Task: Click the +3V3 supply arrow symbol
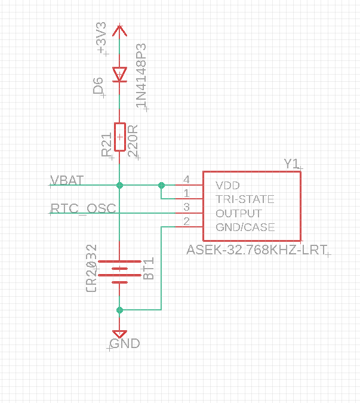119,30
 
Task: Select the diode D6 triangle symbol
119,75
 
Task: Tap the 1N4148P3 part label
141,76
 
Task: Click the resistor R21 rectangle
120,137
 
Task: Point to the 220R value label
133,141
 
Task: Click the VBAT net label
67,180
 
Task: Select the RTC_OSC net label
83,208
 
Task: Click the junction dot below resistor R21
119,185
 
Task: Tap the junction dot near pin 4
161,185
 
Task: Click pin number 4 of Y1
186,179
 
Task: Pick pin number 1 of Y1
186,193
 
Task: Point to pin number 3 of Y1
186,207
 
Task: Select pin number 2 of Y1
186,222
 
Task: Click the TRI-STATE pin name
245,199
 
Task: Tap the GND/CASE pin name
245,227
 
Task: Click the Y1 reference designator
292,164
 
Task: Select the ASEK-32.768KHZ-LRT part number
257,250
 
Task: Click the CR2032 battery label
91,268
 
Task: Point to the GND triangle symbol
119,334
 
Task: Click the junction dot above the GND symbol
119,310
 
